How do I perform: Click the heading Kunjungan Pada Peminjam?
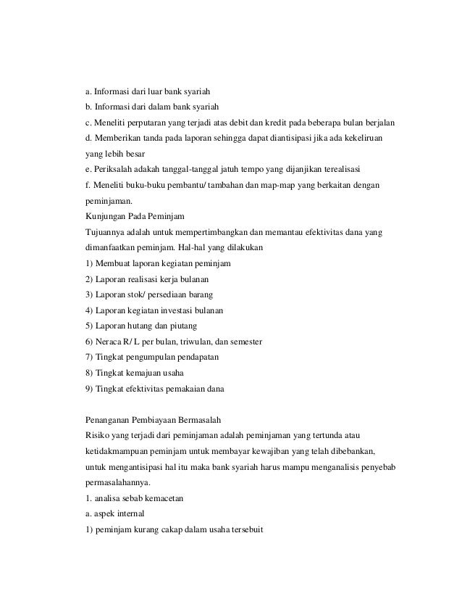click(135, 216)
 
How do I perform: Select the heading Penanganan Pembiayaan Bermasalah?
click(153, 420)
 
